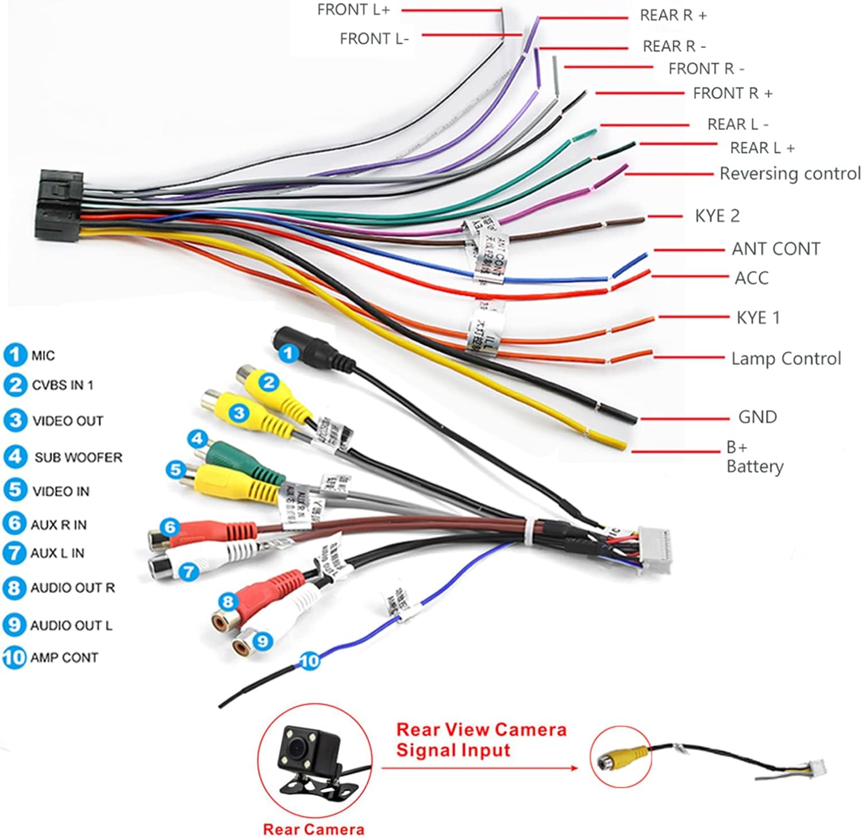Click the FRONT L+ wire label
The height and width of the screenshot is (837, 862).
tap(353, 10)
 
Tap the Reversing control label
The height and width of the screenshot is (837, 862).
tap(790, 173)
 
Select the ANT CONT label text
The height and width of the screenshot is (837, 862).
tap(775, 249)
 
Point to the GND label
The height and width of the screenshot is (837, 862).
tap(757, 417)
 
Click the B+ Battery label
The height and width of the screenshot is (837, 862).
tap(754, 457)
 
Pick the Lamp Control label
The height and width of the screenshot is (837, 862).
tap(786, 359)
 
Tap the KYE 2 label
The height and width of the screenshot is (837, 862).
tap(717, 216)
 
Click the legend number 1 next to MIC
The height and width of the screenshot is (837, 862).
tap(15, 355)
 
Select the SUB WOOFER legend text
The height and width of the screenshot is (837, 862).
tap(78, 457)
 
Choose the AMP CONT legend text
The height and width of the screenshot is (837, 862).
tap(64, 657)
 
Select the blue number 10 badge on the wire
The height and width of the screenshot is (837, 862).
tap(309, 661)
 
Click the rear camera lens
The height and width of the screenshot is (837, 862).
tap(297, 747)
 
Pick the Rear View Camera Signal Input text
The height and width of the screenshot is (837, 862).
tap(481, 740)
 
